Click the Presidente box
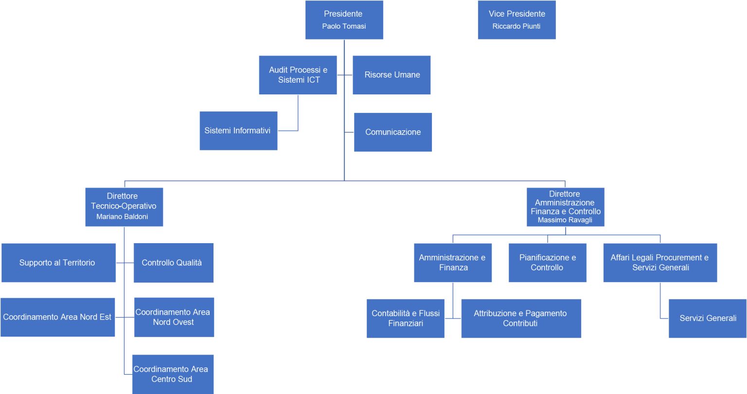tap(344, 19)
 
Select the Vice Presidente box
tap(516, 19)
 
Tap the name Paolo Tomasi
tap(344, 26)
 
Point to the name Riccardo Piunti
tap(516, 26)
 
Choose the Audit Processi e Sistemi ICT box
tap(298, 75)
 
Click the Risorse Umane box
tap(391, 75)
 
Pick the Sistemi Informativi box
tap(238, 131)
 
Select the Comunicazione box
tap(393, 132)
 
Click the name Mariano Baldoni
tap(122, 216)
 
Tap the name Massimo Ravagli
tap(565, 220)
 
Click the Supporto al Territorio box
tap(59, 263)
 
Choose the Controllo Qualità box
tap(174, 263)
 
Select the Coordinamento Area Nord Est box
tap(58, 317)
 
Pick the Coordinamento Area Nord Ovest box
tap(174, 317)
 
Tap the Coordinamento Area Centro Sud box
tap(173, 375)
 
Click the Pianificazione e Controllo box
tap(548, 263)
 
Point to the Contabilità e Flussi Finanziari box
tap(406, 319)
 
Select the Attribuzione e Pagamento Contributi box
tap(521, 319)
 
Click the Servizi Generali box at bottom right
tap(708, 319)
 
